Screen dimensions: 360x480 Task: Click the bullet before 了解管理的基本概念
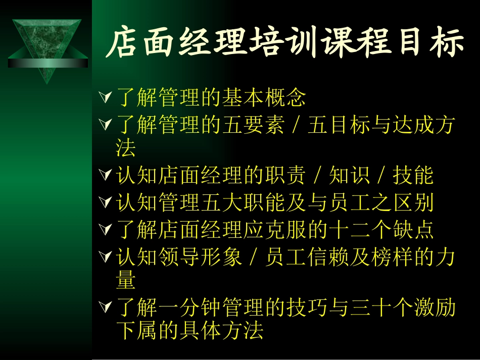pyautogui.click(x=105, y=96)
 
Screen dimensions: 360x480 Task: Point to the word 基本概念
pyautogui.click(x=263, y=97)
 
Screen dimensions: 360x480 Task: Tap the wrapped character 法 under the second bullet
pyautogui.click(x=126, y=148)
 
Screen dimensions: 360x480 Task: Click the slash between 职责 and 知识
pyautogui.click(x=317, y=176)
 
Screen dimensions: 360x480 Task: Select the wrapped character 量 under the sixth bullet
pyautogui.click(x=126, y=280)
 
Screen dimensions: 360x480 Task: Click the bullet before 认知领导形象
pyautogui.click(x=105, y=257)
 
